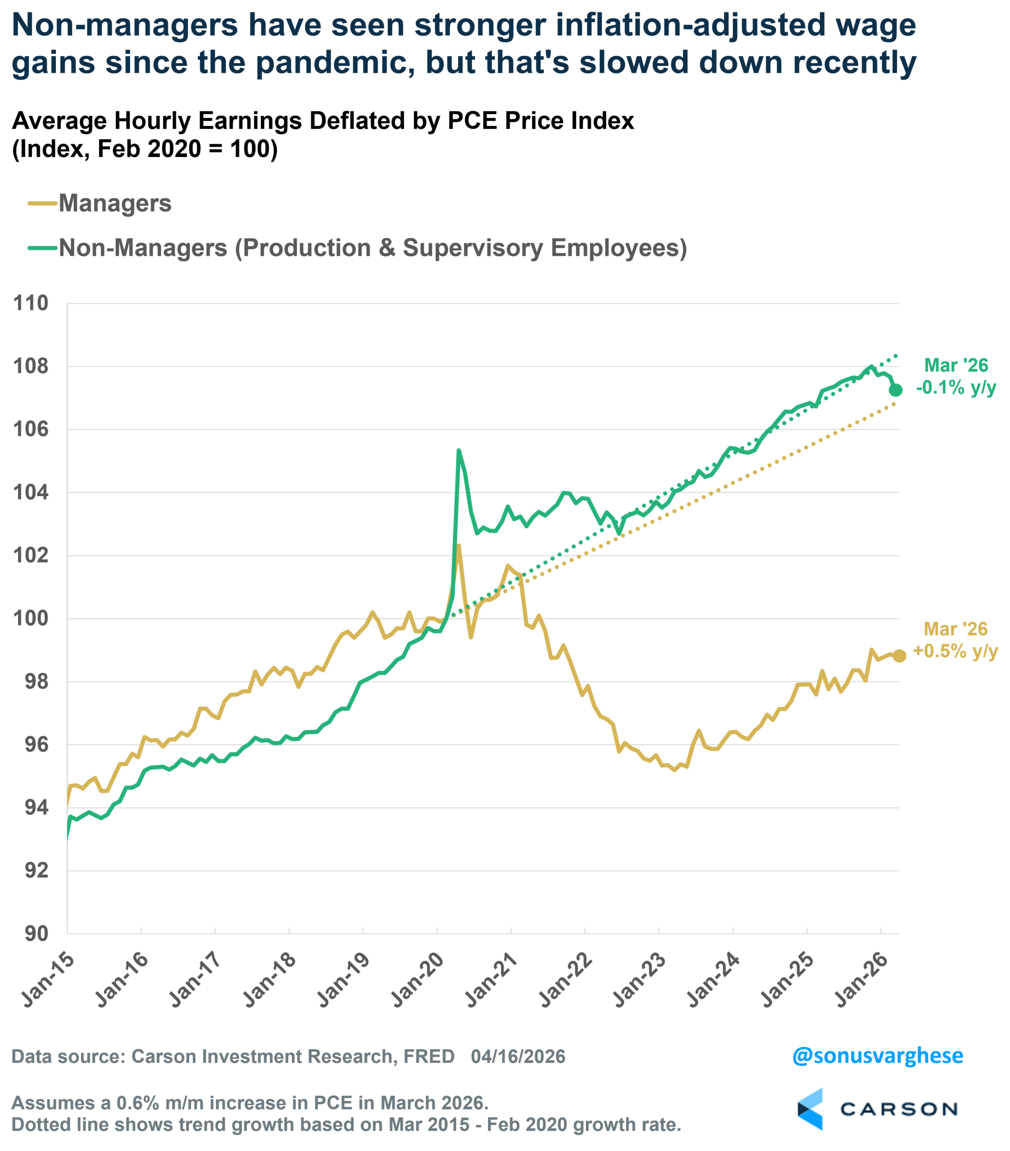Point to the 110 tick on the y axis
tap(31, 303)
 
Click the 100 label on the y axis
tap(31, 618)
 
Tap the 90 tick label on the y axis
tap(36, 934)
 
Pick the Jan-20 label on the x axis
tap(417, 979)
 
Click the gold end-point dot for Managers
tap(899, 656)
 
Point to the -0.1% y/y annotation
tap(956, 388)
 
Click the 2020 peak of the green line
tap(459, 451)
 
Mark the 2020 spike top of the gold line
tap(459, 546)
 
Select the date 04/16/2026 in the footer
tap(518, 1057)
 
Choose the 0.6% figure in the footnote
tap(137, 1102)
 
